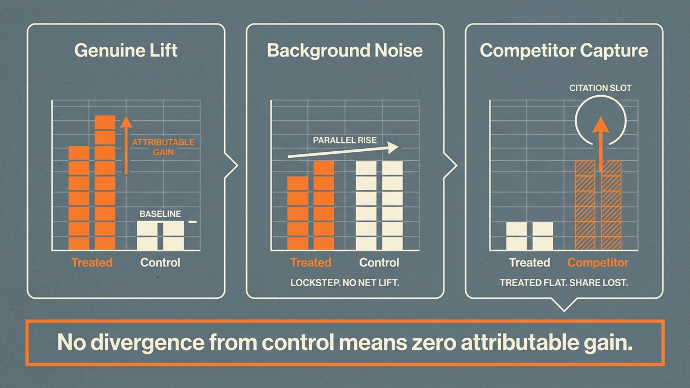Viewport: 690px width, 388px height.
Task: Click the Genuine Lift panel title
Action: click(125, 50)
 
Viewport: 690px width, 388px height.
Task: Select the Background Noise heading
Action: click(345, 50)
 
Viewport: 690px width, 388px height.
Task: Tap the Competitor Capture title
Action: click(564, 50)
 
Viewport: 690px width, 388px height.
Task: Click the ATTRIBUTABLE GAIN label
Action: click(163, 147)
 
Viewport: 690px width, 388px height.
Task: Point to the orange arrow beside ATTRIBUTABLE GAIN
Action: click(126, 145)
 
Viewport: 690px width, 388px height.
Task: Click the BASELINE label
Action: click(160, 214)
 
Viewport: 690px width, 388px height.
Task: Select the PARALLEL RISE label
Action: click(345, 141)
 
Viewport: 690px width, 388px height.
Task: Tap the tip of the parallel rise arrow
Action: click(398, 147)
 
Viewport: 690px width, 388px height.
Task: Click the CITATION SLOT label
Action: click(600, 88)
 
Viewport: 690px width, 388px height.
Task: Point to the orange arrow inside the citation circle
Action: click(601, 144)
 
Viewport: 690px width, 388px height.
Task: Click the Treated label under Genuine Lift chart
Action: click(92, 263)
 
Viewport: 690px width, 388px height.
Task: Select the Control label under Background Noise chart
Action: click(379, 263)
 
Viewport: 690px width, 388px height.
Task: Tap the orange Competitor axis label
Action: click(598, 263)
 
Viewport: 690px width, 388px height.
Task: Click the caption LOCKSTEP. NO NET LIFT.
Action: click(345, 283)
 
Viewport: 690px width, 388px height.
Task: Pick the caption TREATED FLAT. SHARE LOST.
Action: click(564, 283)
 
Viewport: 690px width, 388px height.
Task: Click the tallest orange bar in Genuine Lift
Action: click(105, 183)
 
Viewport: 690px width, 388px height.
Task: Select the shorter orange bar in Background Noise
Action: click(298, 213)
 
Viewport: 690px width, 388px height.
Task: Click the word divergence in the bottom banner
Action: click(147, 343)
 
